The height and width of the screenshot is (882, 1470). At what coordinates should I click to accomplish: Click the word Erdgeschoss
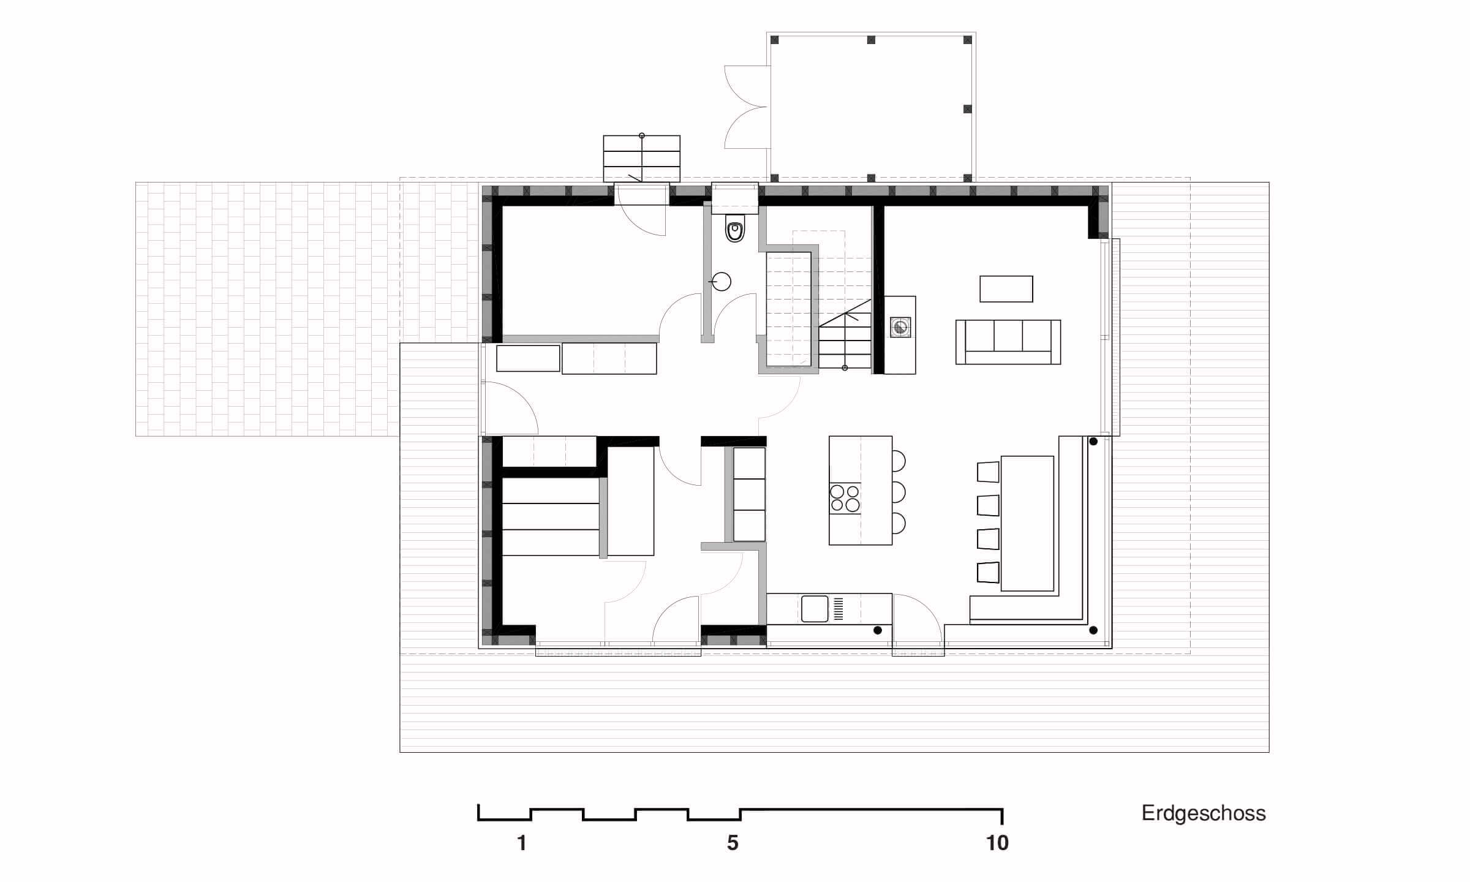[x=1204, y=813]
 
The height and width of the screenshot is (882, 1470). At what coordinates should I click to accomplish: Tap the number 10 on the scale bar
[x=998, y=843]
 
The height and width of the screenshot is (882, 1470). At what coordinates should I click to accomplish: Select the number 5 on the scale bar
[x=733, y=843]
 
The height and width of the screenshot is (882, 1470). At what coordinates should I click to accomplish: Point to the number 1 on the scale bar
[x=522, y=843]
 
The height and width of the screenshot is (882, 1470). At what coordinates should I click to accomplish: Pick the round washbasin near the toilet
[x=722, y=282]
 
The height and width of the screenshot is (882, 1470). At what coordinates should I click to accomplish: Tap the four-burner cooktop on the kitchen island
[x=845, y=497]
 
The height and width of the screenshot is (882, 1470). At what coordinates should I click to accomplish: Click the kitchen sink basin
[x=815, y=609]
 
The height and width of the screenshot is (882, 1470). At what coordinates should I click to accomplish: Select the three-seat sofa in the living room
[x=1008, y=342]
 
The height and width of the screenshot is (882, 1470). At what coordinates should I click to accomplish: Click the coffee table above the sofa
[x=1006, y=289]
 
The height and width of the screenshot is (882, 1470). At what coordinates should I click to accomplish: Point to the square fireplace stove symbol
[x=900, y=326]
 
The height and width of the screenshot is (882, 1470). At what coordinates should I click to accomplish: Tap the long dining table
[x=1027, y=523]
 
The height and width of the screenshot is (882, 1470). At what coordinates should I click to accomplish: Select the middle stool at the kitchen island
[x=899, y=492]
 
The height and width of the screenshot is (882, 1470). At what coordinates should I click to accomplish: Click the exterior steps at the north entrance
[x=642, y=159]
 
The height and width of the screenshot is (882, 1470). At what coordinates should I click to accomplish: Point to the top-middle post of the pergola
[x=871, y=40]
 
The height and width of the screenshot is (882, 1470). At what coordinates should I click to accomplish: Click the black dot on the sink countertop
[x=878, y=630]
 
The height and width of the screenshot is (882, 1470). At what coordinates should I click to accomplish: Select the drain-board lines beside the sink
[x=839, y=608]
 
